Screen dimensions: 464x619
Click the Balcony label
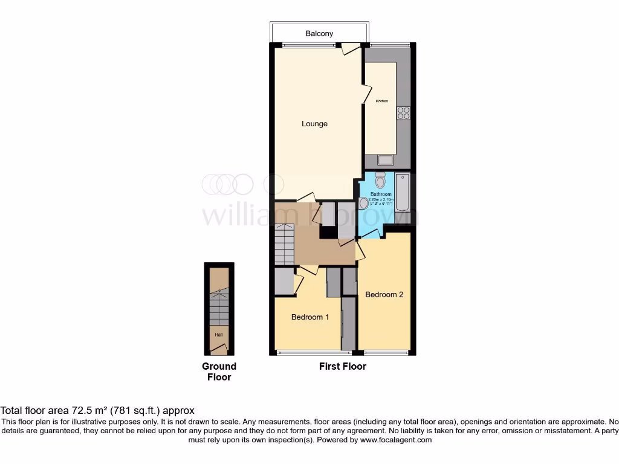(x=319, y=34)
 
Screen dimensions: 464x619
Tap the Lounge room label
(x=314, y=124)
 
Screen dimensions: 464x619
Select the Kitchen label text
(x=381, y=101)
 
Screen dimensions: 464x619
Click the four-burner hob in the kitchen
(x=403, y=113)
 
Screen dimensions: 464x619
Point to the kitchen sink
(x=384, y=159)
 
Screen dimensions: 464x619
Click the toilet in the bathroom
(x=380, y=179)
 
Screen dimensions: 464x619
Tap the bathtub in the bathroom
(x=403, y=192)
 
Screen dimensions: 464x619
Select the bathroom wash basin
(x=363, y=204)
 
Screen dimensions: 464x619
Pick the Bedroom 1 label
(x=310, y=317)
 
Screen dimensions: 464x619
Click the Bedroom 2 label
(x=384, y=295)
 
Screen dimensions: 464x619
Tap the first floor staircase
(x=284, y=243)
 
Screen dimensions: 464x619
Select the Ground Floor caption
(x=219, y=372)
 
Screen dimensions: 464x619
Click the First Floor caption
(x=342, y=366)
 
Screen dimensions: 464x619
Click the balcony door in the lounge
(x=350, y=49)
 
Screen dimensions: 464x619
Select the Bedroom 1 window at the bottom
(x=308, y=352)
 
